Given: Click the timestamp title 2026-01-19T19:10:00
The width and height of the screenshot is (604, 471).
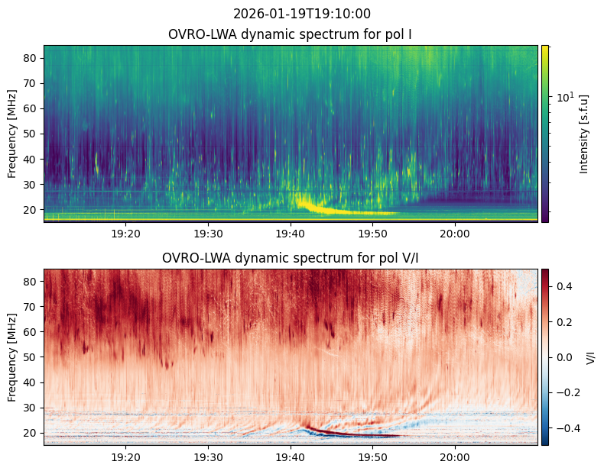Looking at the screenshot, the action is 301,14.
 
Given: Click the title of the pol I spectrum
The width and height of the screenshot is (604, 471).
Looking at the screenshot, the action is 290,34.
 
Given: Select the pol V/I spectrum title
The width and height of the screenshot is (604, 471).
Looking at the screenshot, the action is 290,258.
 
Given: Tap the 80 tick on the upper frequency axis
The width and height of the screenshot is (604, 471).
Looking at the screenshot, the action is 31,58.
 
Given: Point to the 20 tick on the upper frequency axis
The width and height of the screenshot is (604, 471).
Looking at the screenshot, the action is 31,210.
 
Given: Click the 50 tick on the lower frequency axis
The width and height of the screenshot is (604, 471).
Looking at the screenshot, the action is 31,357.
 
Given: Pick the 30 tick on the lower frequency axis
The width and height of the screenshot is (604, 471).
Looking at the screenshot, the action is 31,408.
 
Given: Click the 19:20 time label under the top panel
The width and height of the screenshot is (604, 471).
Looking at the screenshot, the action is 126,234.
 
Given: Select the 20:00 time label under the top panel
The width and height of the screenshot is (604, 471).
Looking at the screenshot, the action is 456,234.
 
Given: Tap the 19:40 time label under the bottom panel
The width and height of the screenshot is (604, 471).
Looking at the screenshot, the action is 291,457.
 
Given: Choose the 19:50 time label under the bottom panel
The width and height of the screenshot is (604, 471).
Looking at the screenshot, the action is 373,457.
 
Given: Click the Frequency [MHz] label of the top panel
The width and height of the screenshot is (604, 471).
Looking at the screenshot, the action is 12,134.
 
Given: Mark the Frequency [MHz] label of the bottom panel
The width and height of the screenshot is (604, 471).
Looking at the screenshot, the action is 12,357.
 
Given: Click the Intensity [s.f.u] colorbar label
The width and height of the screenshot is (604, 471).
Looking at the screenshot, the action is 584,134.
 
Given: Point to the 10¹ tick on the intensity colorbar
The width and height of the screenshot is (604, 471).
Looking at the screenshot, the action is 565,97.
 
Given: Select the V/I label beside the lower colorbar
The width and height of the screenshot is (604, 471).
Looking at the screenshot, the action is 590,357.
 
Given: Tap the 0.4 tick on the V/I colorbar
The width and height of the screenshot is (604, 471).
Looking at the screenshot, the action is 564,286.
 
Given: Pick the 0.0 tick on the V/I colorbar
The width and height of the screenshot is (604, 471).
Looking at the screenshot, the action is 564,357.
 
